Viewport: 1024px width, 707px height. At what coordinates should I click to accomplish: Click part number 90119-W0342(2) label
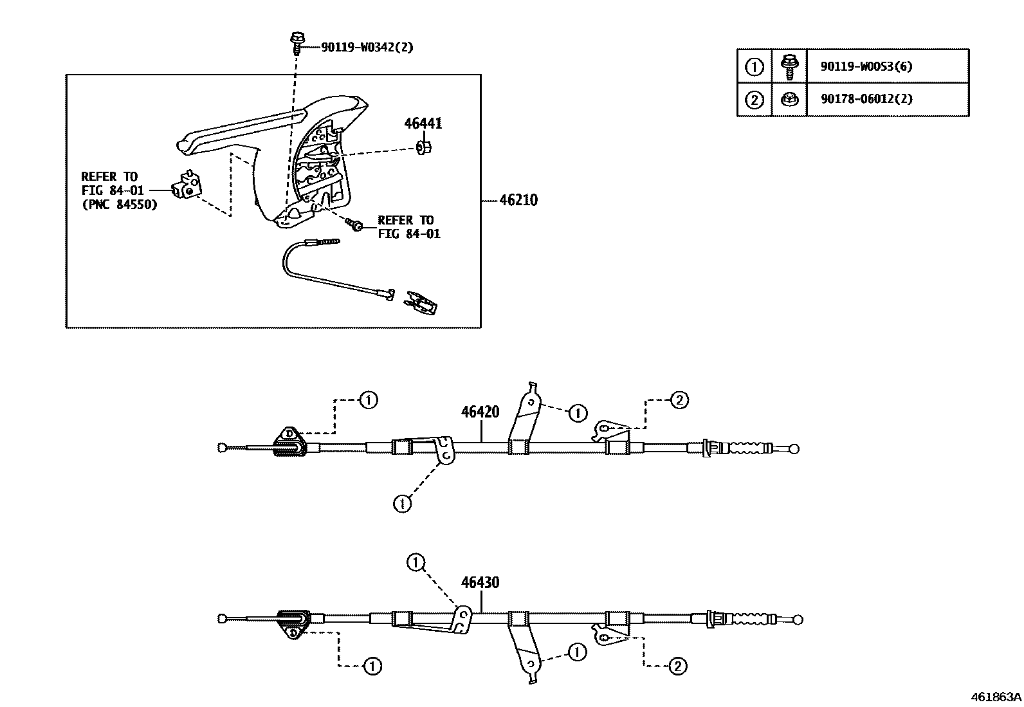[x=367, y=48]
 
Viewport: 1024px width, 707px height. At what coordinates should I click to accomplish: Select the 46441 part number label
[x=423, y=124]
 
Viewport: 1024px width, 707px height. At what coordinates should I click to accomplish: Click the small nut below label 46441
[x=424, y=149]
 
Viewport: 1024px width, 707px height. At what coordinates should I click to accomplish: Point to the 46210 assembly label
[x=518, y=200]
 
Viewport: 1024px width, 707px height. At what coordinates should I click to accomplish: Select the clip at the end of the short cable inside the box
[x=422, y=302]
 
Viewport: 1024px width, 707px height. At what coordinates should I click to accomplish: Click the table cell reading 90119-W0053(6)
[x=866, y=66]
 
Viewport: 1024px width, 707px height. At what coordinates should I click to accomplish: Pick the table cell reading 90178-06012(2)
[x=866, y=99]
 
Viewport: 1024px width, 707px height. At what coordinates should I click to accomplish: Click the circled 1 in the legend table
[x=754, y=66]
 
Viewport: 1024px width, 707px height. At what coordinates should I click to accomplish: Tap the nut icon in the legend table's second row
[x=789, y=99]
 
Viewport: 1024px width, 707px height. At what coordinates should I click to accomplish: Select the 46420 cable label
[x=480, y=412]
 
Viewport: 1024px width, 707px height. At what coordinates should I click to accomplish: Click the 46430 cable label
[x=480, y=583]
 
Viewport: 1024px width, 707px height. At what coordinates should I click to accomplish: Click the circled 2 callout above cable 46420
[x=679, y=400]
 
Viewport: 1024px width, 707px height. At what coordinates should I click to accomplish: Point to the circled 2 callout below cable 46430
[x=678, y=666]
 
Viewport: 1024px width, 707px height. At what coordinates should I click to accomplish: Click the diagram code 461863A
[x=996, y=697]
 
